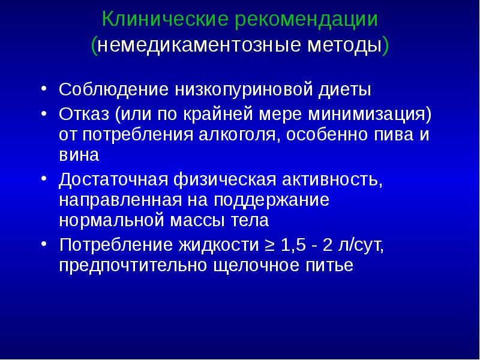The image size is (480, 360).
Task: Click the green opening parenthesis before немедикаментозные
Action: coord(95,46)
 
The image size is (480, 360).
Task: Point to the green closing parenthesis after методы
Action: coord(385,46)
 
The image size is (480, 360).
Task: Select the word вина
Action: coord(79,154)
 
